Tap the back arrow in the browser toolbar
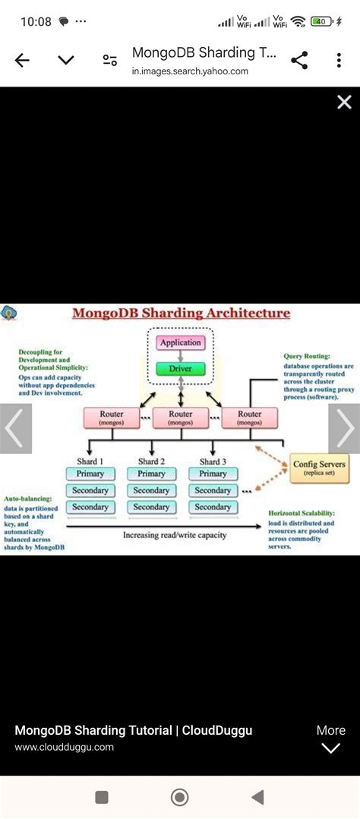click(22, 61)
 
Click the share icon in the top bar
click(299, 61)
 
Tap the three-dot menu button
click(339, 61)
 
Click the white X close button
click(344, 102)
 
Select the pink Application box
click(180, 342)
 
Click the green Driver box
click(180, 369)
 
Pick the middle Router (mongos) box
click(181, 417)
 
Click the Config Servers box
click(319, 468)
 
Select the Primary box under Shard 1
click(90, 474)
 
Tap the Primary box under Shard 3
click(213, 474)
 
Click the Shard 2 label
click(151, 461)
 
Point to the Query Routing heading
click(305, 356)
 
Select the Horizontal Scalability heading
click(302, 513)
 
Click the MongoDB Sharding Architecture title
click(181, 313)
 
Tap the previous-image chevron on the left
click(15, 429)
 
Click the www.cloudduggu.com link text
click(64, 747)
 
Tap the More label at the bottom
click(331, 730)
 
